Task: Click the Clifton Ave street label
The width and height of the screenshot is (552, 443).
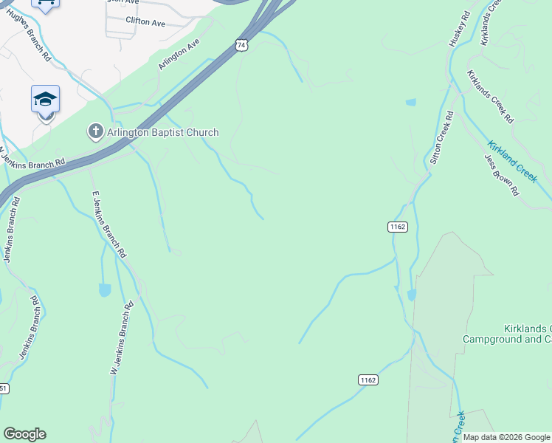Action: [x=145, y=23]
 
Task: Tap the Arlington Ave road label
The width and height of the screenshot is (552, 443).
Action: [x=179, y=55]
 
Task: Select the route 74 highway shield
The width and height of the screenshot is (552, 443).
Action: [x=241, y=45]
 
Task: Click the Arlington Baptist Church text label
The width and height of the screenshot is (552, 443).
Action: [x=163, y=133]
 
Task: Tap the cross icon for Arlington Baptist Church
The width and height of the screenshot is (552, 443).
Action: [x=95, y=132]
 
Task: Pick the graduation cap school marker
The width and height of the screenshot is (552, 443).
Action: [x=45, y=99]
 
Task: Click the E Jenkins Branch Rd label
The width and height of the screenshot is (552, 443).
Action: [x=107, y=224]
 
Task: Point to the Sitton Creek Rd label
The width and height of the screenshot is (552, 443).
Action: [x=441, y=138]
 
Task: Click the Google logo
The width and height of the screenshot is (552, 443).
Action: [x=24, y=434]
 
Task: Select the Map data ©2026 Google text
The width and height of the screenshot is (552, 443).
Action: [x=506, y=437]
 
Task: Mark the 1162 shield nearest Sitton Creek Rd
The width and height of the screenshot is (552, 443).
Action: [x=397, y=227]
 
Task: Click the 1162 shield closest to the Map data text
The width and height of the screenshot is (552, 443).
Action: [x=368, y=380]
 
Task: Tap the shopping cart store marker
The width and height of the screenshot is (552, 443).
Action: [x=46, y=4]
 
